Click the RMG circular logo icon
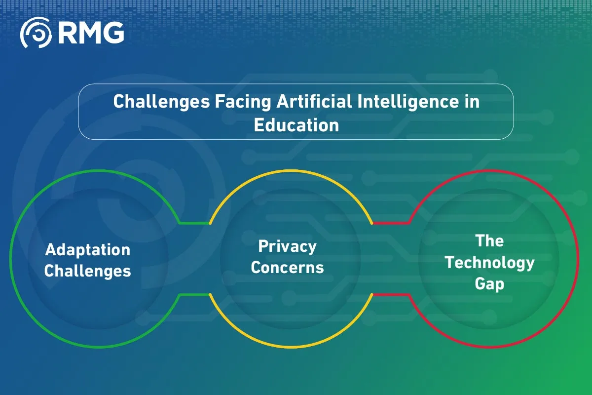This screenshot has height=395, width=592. pyautogui.click(x=36, y=33)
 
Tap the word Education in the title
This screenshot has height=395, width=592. pyautogui.click(x=296, y=124)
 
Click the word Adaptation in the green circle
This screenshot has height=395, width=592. pyautogui.click(x=88, y=250)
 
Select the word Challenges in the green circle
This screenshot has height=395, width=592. pyautogui.click(x=88, y=271)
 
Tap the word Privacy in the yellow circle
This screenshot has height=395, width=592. pyautogui.click(x=287, y=246)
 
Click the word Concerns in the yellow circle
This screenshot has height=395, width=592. pyautogui.click(x=287, y=268)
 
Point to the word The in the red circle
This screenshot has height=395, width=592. pyautogui.click(x=489, y=241)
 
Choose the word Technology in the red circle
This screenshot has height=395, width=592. pyautogui.click(x=489, y=263)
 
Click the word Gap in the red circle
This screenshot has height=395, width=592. pyautogui.click(x=489, y=284)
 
